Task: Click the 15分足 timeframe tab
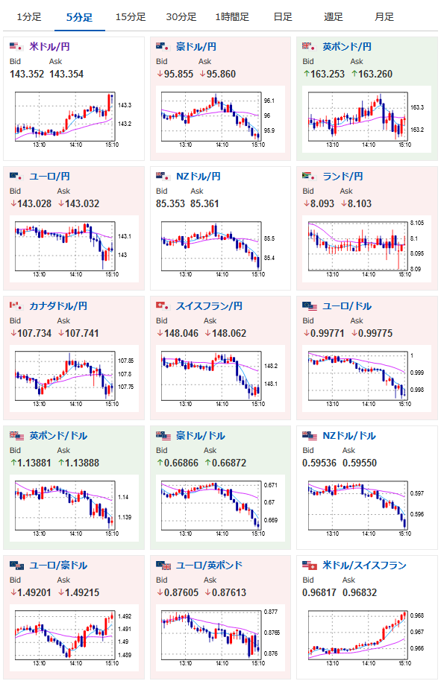click(131, 17)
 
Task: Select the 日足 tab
click(283, 17)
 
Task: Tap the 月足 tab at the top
click(384, 17)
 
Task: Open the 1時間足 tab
click(232, 17)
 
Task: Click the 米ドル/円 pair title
click(49, 46)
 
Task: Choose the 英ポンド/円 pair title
click(347, 46)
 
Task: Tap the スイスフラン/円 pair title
click(209, 305)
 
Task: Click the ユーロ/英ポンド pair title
click(209, 565)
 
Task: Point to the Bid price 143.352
click(27, 74)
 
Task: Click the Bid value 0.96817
click(319, 592)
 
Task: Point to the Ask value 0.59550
click(360, 463)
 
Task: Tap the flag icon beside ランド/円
click(309, 176)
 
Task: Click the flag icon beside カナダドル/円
click(16, 305)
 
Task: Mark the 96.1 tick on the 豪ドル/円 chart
click(269, 101)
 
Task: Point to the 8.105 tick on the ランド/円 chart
click(417, 223)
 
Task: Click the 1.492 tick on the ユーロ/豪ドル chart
click(125, 616)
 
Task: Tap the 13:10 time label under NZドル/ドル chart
click(332, 533)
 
